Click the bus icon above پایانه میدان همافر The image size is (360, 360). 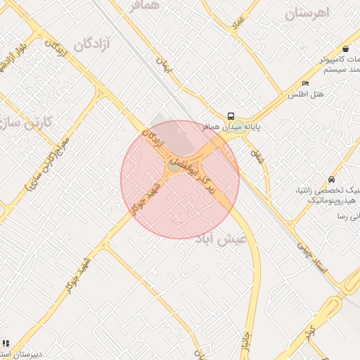pyautogui.click(x=231, y=116)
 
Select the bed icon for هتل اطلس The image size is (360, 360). pyautogui.click(x=305, y=83)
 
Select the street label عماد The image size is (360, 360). pyautogui.click(x=238, y=25)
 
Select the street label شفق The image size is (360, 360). pyautogui.click(x=257, y=156)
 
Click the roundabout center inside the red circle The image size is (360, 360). pyautogui.click(x=174, y=166)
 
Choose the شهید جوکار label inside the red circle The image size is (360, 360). pyautogui.click(x=146, y=199)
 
